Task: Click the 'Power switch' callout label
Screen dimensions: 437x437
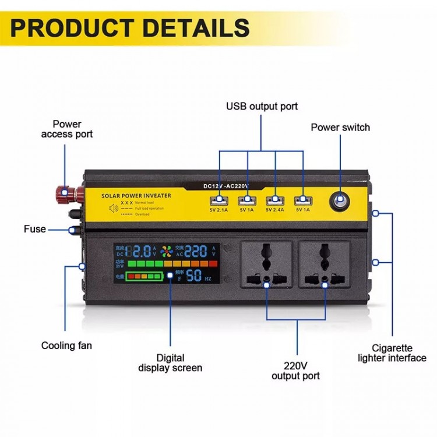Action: point(340,128)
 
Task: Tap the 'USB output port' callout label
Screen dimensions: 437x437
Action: point(262,106)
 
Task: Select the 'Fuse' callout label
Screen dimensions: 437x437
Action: point(35,229)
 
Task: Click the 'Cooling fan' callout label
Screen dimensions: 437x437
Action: point(66,346)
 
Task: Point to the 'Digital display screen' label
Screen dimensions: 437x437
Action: point(170,362)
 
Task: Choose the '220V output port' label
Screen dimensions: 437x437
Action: point(295,371)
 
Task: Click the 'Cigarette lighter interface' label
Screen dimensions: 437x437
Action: point(392,353)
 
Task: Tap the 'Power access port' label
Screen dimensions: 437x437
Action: point(66,129)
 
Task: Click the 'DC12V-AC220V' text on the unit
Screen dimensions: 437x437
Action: point(226,185)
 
